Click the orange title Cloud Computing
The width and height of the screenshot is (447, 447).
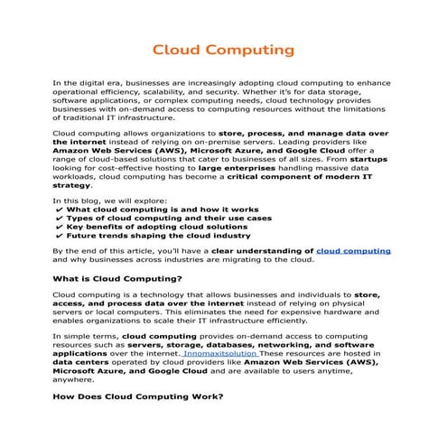click(222, 47)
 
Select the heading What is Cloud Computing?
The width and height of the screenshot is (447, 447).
click(118, 278)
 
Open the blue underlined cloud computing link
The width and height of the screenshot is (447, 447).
click(354, 248)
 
